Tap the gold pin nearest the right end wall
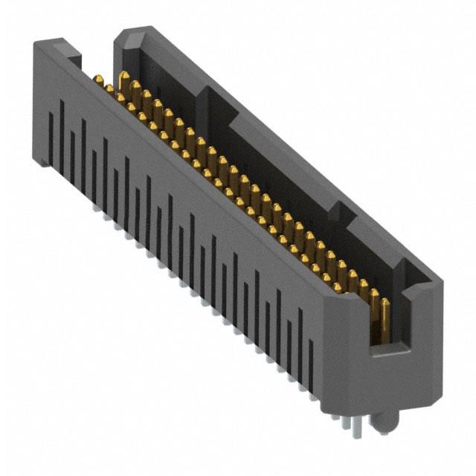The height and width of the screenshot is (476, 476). coord(385,316)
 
